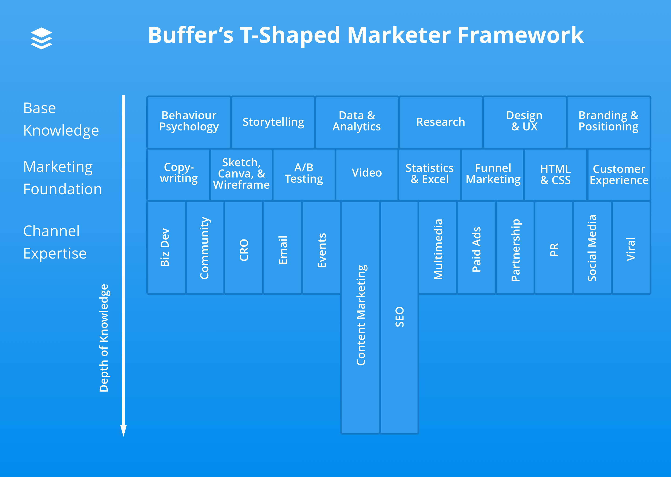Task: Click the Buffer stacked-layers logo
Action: [x=41, y=38]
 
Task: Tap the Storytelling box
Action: [x=273, y=122]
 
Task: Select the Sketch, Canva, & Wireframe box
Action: [x=241, y=174]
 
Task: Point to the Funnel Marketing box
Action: [x=493, y=174]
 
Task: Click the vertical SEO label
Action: [x=400, y=317]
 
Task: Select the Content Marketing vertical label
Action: [x=361, y=315]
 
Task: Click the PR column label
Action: [x=554, y=249]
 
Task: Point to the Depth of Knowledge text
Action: [x=104, y=338]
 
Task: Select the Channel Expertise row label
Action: [x=55, y=242]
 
